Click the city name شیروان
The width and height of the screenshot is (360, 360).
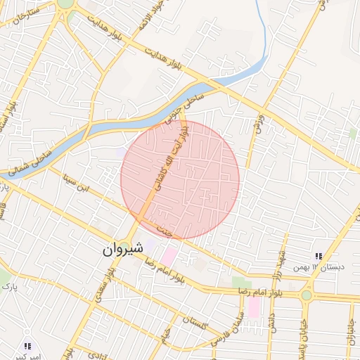pos(123,248)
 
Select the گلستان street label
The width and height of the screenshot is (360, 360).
pos(193,326)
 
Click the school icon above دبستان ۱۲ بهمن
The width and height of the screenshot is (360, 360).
pos(319,257)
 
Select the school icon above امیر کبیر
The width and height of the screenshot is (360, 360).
pos(27,346)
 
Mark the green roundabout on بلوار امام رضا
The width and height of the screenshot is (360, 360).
pos(307,295)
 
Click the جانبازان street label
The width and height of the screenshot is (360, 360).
pos(349,334)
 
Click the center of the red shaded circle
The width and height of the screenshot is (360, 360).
pos(180,179)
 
